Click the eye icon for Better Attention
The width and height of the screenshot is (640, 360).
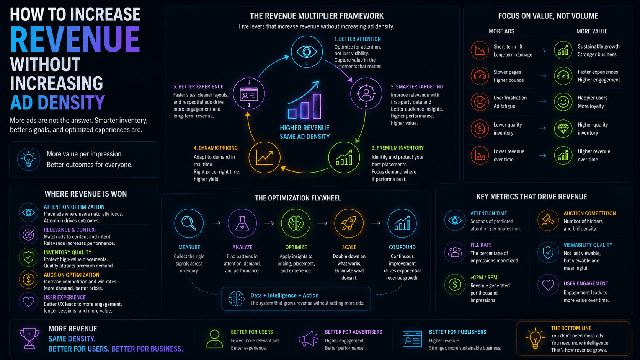pos(307,52)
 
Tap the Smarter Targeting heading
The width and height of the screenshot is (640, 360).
pos(417,86)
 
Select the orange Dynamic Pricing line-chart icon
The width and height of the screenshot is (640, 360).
pos(264,157)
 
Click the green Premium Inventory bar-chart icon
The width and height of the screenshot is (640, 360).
pos(344,157)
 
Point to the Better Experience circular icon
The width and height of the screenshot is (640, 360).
pos(249,94)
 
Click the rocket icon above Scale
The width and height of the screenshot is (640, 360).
pos(349,223)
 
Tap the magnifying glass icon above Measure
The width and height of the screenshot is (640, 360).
pos(189,223)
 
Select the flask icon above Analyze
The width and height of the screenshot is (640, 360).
pos(242,223)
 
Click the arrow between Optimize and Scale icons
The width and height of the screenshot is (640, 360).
pos(322,223)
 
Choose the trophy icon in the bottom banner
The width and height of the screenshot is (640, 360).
pos(29,338)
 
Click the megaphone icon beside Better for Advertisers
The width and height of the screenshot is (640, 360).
pos(308,339)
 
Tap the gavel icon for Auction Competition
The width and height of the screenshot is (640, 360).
pos(548,220)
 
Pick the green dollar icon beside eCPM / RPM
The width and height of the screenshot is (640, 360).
pos(455,284)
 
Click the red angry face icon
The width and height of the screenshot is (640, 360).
pos(480,102)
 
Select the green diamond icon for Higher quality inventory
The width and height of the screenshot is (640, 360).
pos(563,129)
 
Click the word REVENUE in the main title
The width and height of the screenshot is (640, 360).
pos(75,39)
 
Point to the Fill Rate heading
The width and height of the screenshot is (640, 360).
pos(481,245)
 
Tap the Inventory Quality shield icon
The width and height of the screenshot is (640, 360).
pos(28,257)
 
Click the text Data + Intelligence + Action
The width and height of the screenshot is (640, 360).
pos(284,295)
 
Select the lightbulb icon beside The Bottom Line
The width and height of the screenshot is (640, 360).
pos(535,338)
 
